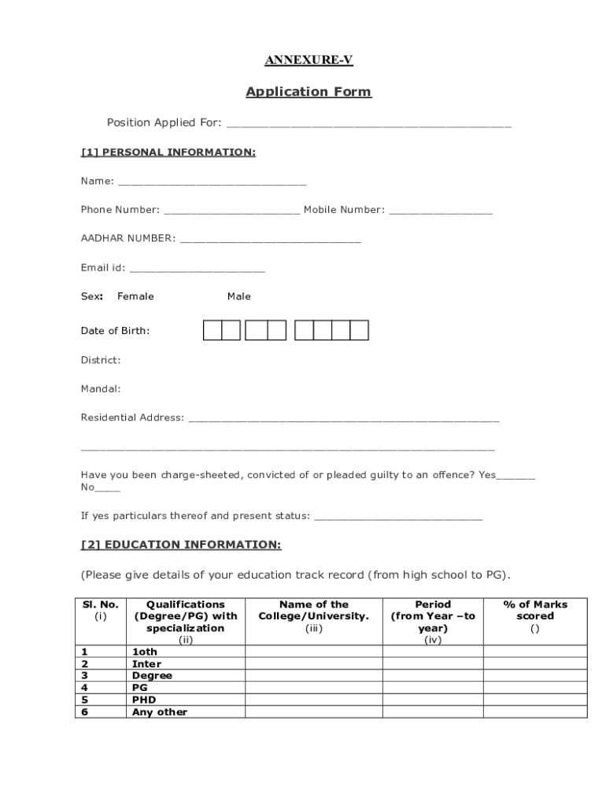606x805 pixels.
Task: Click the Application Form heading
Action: point(309,92)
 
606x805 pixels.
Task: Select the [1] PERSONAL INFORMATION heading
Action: point(168,152)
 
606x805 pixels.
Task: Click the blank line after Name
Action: point(212,182)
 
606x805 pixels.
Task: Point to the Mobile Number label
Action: point(344,210)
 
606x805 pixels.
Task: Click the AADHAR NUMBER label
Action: point(127,238)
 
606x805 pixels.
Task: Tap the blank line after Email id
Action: point(197,268)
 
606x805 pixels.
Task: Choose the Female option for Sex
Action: point(135,296)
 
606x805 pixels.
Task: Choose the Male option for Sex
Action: point(239,296)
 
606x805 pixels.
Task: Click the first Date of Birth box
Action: point(212,330)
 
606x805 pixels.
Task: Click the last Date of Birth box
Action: point(360,330)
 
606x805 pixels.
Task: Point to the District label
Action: point(101,360)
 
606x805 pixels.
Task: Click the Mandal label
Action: point(101,388)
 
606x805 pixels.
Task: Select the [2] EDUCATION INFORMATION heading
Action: point(181,545)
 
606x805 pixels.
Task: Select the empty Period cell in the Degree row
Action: point(433,675)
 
